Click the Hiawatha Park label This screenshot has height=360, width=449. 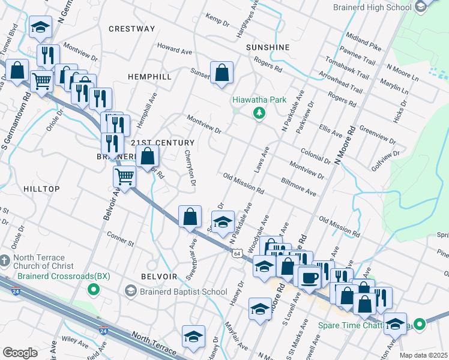pyautogui.click(x=259, y=100)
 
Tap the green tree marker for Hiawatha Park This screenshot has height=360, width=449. pyautogui.click(x=259, y=113)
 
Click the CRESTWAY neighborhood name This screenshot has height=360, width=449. pyautogui.click(x=132, y=29)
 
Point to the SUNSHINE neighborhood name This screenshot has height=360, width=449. pyautogui.click(x=268, y=47)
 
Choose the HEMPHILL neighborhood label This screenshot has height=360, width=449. pyautogui.click(x=149, y=77)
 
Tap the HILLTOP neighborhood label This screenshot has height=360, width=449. pyautogui.click(x=41, y=189)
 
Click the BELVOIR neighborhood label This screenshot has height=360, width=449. pyautogui.click(x=158, y=277)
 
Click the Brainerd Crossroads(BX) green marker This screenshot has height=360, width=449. pyautogui.click(x=93, y=290)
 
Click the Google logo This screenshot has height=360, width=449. pyautogui.click(x=19, y=352)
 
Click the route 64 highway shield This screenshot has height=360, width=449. pyautogui.click(x=238, y=254)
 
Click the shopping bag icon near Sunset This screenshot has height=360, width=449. pyautogui.click(x=221, y=72)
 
